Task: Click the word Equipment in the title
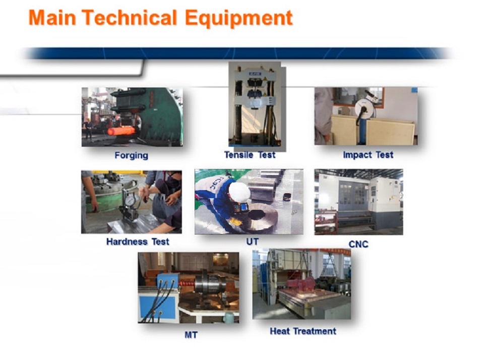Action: (x=238, y=19)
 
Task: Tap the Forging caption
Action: (x=131, y=155)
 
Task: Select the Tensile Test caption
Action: (x=250, y=155)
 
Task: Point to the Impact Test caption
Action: (x=368, y=155)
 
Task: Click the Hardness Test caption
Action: (x=138, y=242)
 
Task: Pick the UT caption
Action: (x=252, y=242)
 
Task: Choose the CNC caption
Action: (x=358, y=244)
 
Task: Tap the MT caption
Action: (x=191, y=334)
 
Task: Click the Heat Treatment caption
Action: (x=303, y=331)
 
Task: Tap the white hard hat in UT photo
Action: (x=239, y=191)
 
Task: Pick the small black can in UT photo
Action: (x=286, y=197)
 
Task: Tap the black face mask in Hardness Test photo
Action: (x=174, y=182)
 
